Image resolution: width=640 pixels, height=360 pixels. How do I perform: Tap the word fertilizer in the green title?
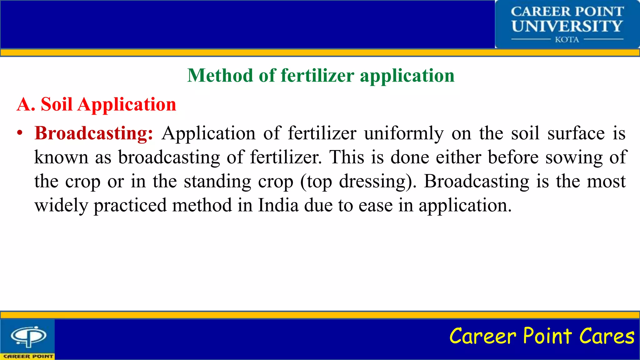click(x=317, y=76)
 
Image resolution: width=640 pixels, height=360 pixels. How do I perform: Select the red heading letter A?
click(x=25, y=104)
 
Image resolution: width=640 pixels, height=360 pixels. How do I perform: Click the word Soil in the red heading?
click(x=57, y=104)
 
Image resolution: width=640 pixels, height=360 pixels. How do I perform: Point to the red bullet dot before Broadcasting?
click(x=20, y=133)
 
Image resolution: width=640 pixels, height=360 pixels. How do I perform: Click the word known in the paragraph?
click(x=61, y=157)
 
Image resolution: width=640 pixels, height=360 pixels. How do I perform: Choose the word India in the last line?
click(x=278, y=206)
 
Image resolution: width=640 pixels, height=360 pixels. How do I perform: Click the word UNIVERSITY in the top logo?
click(x=567, y=26)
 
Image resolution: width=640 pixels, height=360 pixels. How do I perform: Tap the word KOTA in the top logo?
click(x=567, y=40)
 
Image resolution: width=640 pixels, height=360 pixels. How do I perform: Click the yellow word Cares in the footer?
click(x=607, y=336)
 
